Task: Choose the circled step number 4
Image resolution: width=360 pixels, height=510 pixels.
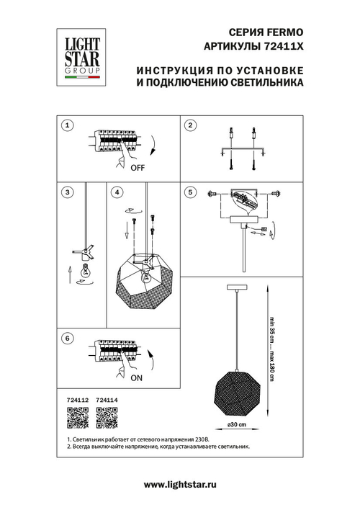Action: pyautogui.click(x=117, y=192)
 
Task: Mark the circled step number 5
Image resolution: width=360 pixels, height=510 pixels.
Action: pyautogui.click(x=190, y=192)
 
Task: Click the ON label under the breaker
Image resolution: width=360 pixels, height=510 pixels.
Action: pyautogui.click(x=136, y=377)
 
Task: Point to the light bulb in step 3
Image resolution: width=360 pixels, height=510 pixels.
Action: pyautogui.click(x=85, y=272)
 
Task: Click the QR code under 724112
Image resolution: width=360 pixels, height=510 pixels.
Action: pyautogui.click(x=77, y=416)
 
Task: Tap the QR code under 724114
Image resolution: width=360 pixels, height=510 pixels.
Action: pyautogui.click(x=107, y=416)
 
